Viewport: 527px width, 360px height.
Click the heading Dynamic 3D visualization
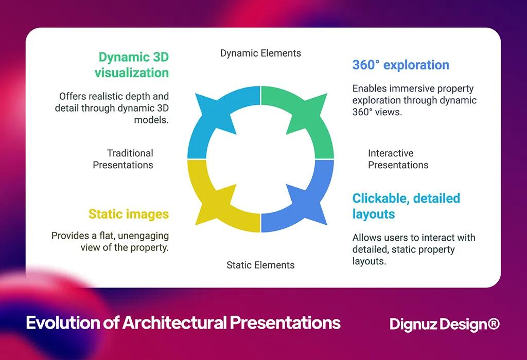(x=132, y=65)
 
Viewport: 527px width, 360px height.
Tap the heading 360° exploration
(x=400, y=65)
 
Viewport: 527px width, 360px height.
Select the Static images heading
(x=129, y=214)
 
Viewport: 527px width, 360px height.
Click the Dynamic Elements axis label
(x=260, y=53)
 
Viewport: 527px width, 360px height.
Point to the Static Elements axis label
(x=260, y=265)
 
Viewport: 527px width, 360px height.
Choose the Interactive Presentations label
(x=398, y=159)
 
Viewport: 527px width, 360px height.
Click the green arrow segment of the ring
(x=304, y=118)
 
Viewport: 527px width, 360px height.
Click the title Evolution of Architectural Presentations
(x=183, y=323)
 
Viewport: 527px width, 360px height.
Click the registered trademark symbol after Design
(x=493, y=323)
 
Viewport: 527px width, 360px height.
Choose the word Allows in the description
(x=366, y=238)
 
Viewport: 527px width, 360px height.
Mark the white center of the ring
(x=260, y=159)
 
